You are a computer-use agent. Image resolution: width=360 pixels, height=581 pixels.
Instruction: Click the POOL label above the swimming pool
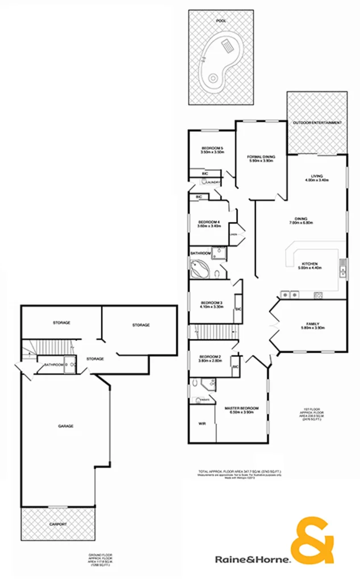pyautogui.click(x=220, y=21)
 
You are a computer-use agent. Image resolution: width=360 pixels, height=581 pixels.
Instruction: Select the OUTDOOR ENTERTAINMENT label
pyautogui.click(x=317, y=123)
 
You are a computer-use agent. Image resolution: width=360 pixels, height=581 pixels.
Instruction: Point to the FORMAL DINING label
pyautogui.click(x=261, y=157)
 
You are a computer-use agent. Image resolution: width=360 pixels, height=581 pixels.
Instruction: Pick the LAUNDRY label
pyautogui.click(x=213, y=182)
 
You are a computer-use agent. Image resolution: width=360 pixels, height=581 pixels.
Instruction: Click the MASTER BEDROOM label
pyautogui.click(x=242, y=408)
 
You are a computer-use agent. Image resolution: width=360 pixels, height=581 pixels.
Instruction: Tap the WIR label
pyautogui.click(x=202, y=424)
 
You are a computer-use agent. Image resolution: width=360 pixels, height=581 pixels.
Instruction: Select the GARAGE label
pyautogui.click(x=66, y=426)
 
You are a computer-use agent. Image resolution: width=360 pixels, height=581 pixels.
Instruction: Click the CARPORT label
pyautogui.click(x=57, y=524)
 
